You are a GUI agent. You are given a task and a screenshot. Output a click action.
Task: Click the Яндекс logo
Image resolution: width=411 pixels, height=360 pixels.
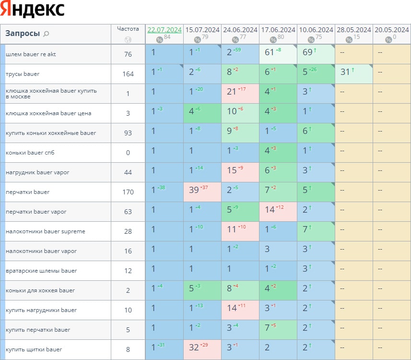(33, 9)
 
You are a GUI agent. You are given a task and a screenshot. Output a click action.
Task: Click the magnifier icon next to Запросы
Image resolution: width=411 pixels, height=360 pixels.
(46, 34)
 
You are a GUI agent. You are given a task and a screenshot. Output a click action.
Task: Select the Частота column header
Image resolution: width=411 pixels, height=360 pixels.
(128, 29)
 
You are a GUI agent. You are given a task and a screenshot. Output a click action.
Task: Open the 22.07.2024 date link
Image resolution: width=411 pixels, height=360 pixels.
(164, 30)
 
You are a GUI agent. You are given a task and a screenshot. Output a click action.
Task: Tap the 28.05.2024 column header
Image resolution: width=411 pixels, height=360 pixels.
(353, 30)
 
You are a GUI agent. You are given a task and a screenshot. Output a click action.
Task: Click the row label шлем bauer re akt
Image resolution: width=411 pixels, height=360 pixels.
(31, 54)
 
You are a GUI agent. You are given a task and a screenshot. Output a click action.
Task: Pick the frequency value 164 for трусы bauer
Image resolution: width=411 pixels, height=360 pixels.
(128, 74)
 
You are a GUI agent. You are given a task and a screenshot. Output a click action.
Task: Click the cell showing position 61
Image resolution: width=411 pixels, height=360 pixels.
(270, 52)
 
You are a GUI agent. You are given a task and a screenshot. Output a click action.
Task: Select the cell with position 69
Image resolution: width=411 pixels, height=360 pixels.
(307, 52)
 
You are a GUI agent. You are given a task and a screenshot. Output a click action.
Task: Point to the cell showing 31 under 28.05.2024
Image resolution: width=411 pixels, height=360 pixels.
(345, 72)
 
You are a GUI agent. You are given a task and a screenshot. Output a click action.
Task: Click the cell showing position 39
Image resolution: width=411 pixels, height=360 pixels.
(194, 190)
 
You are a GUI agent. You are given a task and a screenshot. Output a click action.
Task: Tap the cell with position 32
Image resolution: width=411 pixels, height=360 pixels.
(194, 348)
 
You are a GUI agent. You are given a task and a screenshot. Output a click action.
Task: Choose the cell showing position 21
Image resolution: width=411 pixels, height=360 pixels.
(232, 92)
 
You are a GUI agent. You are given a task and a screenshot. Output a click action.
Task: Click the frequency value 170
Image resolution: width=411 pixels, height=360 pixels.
(128, 192)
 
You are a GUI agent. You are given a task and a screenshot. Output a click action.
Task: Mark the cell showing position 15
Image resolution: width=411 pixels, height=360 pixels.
(232, 170)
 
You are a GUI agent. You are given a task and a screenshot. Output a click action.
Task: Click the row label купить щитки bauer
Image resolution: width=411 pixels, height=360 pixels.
(34, 349)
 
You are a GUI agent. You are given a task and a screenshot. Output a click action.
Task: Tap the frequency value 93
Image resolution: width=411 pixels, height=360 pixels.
(128, 133)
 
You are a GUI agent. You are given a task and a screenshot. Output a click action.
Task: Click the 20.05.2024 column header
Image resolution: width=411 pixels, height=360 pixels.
(391, 30)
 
